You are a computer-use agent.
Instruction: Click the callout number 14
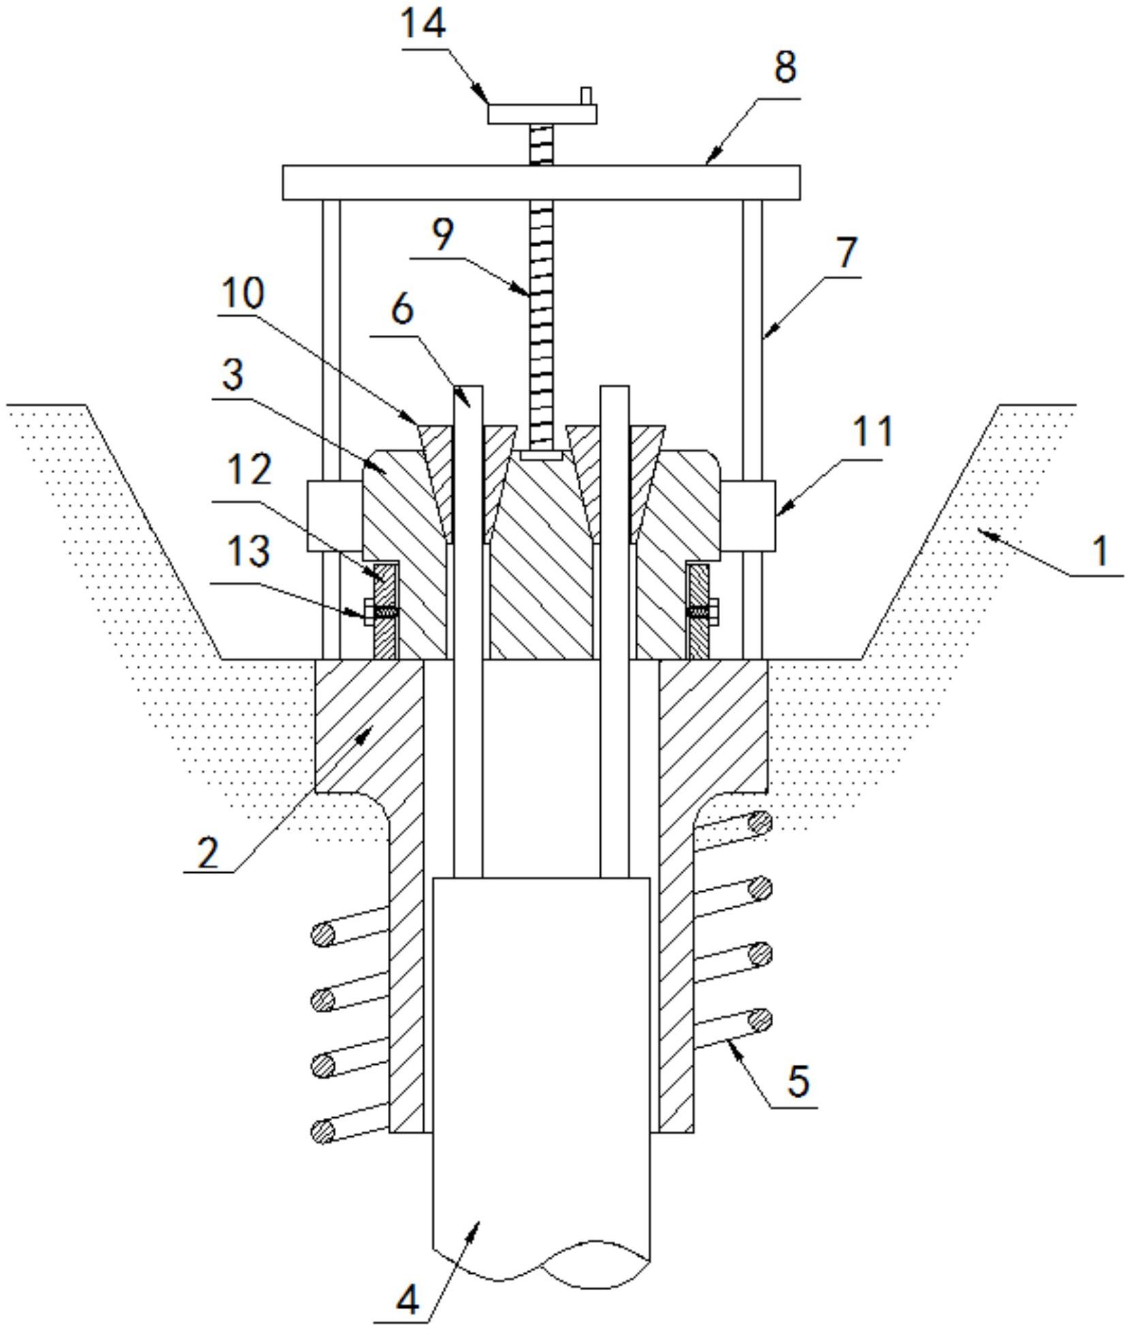click(x=423, y=25)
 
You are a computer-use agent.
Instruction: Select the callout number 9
click(x=442, y=235)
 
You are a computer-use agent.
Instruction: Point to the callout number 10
click(x=242, y=294)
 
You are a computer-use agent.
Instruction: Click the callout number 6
click(x=402, y=310)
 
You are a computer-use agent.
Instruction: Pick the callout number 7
click(x=847, y=253)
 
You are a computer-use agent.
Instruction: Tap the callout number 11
click(x=872, y=431)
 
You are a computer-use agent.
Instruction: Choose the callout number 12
click(x=249, y=470)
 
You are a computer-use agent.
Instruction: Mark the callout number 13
click(x=248, y=551)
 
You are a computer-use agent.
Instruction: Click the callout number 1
click(x=1100, y=551)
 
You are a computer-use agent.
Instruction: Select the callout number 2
click(x=208, y=852)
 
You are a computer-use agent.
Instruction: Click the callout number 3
click(x=233, y=374)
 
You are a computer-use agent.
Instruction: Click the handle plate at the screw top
click(x=542, y=114)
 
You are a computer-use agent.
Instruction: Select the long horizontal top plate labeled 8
click(x=541, y=182)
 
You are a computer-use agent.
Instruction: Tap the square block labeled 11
click(x=748, y=515)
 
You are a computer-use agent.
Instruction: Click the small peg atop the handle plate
click(x=586, y=95)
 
